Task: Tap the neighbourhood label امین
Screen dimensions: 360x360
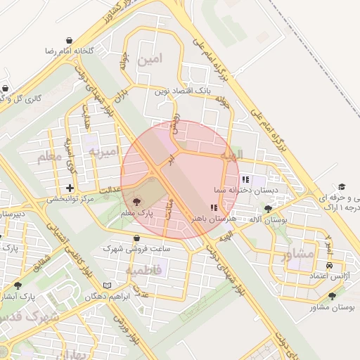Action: pyautogui.click(x=150, y=60)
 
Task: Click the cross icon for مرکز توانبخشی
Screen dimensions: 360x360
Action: pyautogui.click(x=70, y=188)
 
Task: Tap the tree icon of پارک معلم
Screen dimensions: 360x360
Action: pyautogui.click(x=137, y=202)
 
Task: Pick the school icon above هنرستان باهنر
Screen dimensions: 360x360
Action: pyautogui.click(x=214, y=207)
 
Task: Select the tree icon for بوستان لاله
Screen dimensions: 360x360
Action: pyautogui.click(x=268, y=209)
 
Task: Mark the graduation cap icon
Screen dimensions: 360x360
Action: pyautogui.click(x=342, y=187)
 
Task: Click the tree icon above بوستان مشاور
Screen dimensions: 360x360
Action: pyautogui.click(x=332, y=296)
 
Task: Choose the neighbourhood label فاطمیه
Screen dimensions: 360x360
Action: pyautogui.click(x=144, y=270)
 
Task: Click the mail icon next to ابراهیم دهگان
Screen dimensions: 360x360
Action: pyautogui.click(x=108, y=285)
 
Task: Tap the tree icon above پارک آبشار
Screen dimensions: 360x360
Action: pyautogui.click(x=18, y=285)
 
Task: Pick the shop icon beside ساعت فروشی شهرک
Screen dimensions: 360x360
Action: pyautogui.click(x=136, y=238)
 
